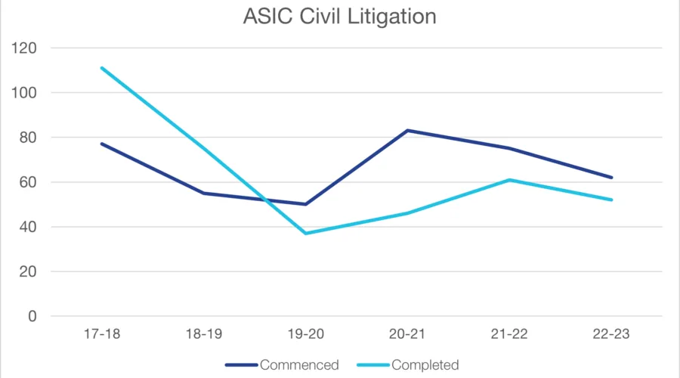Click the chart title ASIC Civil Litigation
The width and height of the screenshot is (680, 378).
339,16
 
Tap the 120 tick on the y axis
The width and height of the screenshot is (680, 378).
28,48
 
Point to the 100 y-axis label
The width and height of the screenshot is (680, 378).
28,92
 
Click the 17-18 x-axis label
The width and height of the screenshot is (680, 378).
101,335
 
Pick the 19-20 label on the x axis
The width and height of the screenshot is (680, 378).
305,335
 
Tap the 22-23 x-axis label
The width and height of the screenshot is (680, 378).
612,335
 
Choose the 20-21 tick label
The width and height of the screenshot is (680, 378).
407,335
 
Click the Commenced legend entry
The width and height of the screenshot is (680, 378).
299,365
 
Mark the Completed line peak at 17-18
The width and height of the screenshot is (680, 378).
101,68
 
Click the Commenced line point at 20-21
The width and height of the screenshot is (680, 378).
407,131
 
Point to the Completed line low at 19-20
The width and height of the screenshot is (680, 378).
305,233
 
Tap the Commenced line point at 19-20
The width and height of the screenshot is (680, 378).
305,204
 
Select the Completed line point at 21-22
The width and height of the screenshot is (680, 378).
510,180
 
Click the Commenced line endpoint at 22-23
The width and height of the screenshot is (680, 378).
612,178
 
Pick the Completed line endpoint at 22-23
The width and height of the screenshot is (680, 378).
612,200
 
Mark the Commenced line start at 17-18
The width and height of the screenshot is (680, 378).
101,144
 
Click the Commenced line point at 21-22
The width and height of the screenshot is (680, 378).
510,148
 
